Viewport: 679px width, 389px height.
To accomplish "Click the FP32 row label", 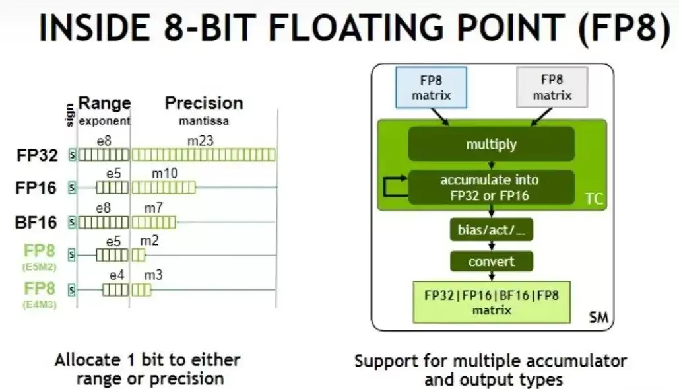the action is point(37,155).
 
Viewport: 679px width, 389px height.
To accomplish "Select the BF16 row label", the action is point(36,222).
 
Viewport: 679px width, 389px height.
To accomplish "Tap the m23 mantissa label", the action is point(200,141).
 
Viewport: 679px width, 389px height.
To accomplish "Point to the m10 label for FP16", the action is point(164,173).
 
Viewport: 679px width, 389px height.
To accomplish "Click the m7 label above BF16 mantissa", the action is point(153,208).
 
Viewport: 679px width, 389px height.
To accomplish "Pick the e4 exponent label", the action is point(117,275).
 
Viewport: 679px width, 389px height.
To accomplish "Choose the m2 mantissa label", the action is point(149,240).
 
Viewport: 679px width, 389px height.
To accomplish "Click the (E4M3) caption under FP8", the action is point(40,304).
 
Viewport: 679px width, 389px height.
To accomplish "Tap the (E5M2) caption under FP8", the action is point(40,267).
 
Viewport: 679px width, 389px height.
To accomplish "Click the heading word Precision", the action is point(204,103).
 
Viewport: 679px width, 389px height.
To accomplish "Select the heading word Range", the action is point(104,103).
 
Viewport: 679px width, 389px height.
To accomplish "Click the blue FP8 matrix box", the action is point(432,87).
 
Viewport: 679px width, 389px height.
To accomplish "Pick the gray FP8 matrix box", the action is point(552,87).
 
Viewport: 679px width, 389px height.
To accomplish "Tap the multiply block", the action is point(492,144).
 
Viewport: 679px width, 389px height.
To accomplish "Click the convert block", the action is point(492,262).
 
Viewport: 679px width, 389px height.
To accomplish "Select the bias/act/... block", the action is point(492,230).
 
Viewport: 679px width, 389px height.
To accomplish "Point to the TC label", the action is point(594,199).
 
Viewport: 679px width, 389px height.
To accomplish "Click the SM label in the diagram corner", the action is point(599,318).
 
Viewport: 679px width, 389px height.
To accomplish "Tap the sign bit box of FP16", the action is point(72,188).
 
